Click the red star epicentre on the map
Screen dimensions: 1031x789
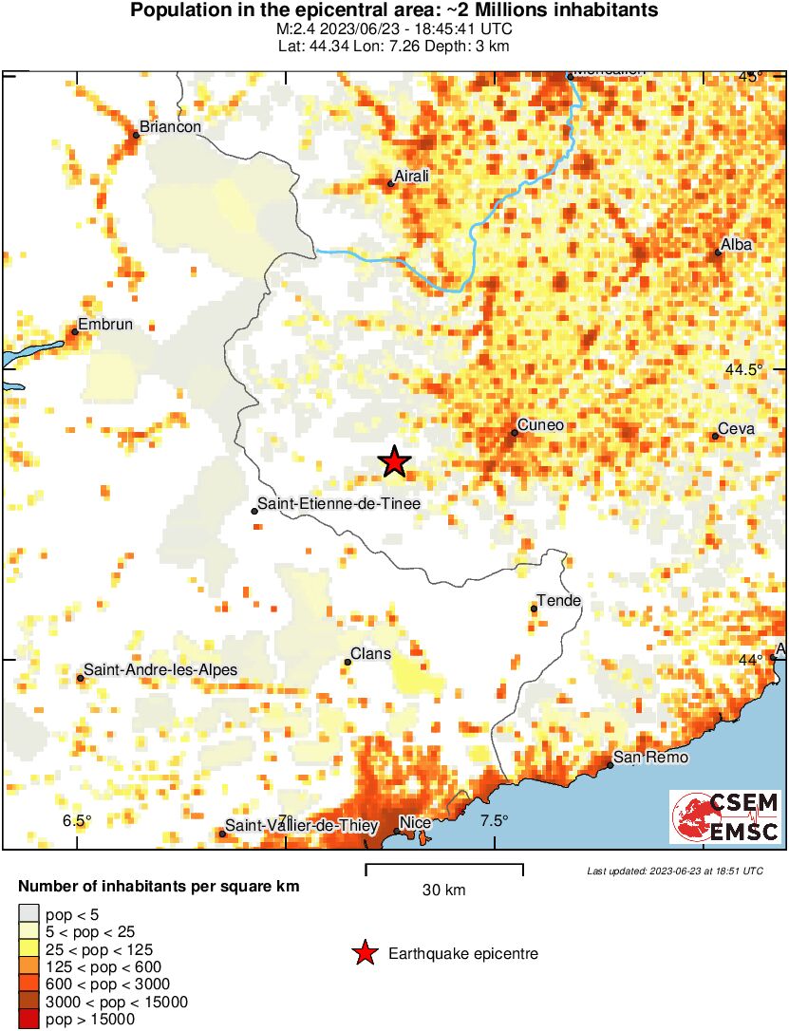point(394,462)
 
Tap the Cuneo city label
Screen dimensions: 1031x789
point(541,425)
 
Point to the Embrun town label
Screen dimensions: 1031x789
point(104,325)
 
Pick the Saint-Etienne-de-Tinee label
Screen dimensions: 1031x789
point(340,505)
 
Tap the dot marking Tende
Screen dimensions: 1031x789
point(534,609)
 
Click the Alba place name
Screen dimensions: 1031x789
point(737,245)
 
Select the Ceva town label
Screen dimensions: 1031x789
point(736,429)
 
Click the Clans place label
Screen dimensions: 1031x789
point(371,654)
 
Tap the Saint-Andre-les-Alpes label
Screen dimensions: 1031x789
point(160,670)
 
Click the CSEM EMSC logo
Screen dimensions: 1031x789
point(725,817)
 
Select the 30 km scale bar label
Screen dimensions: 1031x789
point(443,890)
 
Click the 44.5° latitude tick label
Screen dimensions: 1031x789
point(752,370)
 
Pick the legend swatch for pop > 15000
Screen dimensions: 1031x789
point(29,1020)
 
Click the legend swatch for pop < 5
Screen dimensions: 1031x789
point(29,915)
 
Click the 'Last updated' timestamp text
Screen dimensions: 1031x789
point(674,871)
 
